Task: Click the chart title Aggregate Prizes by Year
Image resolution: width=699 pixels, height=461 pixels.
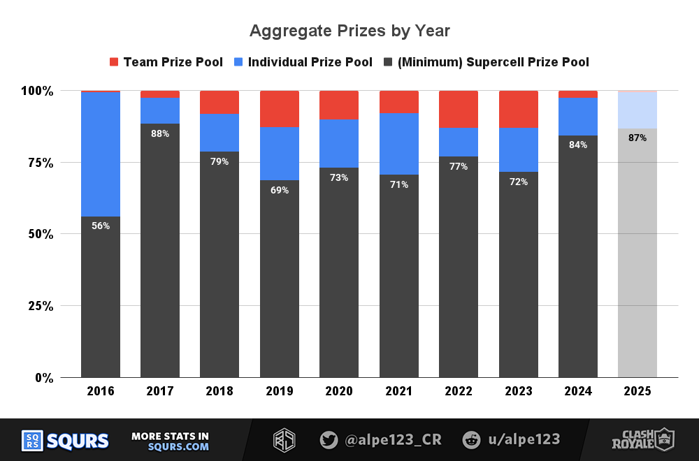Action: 349,31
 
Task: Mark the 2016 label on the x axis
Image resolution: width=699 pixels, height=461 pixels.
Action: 101,391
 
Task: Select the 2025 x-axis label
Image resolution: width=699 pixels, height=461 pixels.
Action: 637,391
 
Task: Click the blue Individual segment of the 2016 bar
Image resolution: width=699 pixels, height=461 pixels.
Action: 101,154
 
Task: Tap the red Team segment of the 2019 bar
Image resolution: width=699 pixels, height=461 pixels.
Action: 280,108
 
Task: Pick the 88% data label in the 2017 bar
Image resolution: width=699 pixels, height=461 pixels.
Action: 160,133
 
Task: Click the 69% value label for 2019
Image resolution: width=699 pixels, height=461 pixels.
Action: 280,190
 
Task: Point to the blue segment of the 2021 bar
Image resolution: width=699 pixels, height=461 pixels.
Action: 399,143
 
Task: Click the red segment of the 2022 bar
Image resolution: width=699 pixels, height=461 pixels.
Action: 459,109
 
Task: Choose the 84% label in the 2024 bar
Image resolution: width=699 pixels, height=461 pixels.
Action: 578,145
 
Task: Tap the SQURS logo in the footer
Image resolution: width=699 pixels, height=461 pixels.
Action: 66,441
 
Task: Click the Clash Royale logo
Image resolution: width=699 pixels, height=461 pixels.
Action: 642,439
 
